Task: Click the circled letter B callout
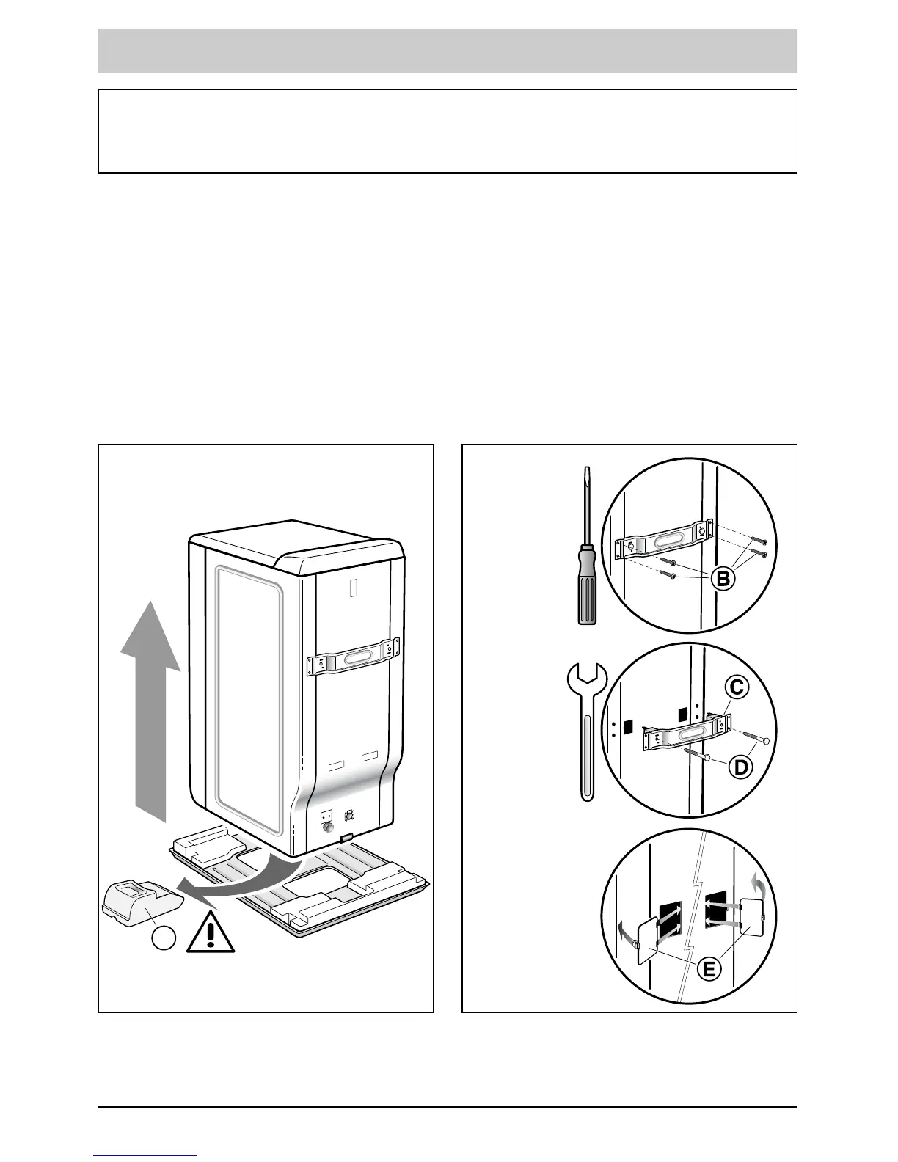(723, 579)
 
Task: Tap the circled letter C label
(736, 687)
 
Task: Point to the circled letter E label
(708, 969)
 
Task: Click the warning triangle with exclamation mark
(211, 932)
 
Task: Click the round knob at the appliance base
(326, 829)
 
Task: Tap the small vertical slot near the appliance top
(351, 588)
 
